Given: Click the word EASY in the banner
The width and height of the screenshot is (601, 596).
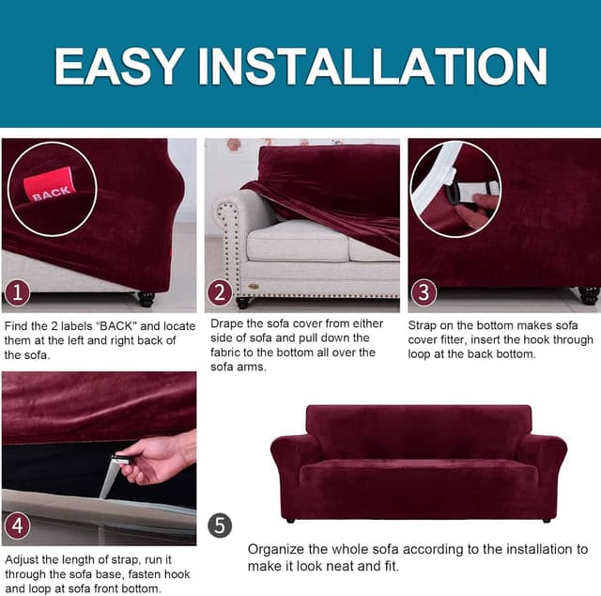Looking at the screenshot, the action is (x=118, y=66).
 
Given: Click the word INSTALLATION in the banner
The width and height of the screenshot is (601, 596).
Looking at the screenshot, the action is (x=372, y=66).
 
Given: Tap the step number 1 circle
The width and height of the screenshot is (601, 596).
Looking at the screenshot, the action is (x=17, y=293).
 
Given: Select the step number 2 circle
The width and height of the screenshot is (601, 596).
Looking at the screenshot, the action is (x=220, y=292).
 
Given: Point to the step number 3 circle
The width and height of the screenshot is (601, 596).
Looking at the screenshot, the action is (x=424, y=292).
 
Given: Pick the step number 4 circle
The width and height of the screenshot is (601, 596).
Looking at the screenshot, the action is (x=17, y=525).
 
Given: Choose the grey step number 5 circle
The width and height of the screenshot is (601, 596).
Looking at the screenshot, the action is (x=220, y=525).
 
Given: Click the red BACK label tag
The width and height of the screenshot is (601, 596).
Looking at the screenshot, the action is (x=49, y=184).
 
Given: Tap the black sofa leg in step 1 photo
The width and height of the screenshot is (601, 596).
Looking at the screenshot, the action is (x=146, y=299).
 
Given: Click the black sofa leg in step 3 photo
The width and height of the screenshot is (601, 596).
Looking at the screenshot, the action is (x=589, y=296).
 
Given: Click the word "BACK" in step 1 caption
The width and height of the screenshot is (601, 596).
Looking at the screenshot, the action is (x=116, y=326).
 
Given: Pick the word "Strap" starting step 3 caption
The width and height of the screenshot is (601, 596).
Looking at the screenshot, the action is (x=422, y=326).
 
